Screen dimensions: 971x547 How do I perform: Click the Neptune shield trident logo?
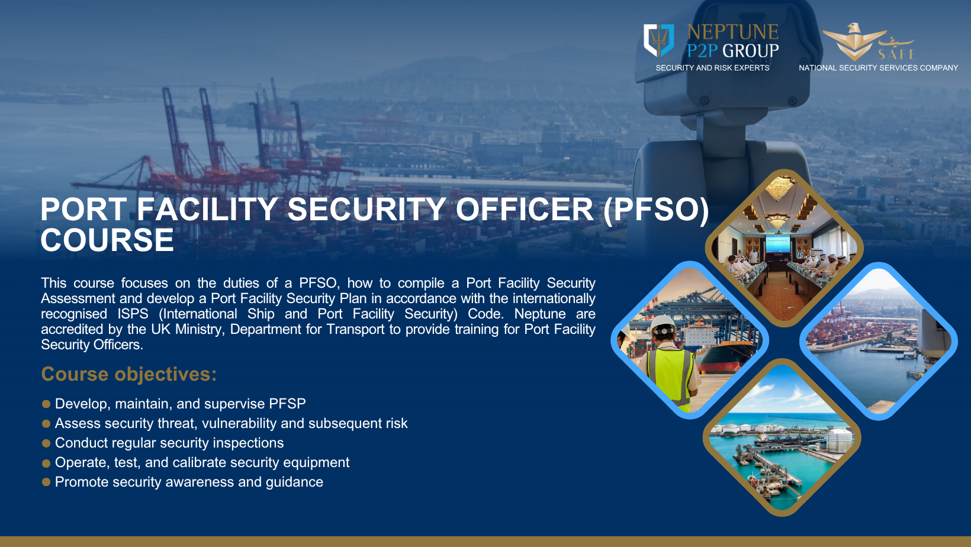coord(658,40)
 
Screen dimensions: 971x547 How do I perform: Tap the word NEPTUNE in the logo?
coord(733,32)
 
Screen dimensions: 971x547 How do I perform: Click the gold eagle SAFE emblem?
coord(854,41)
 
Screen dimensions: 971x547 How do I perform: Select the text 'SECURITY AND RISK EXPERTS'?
coord(712,68)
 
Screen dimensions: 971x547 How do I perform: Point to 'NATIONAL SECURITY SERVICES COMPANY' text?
coord(878,68)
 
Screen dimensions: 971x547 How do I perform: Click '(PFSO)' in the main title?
coord(656,210)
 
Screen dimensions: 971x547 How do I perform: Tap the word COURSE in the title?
coord(107,240)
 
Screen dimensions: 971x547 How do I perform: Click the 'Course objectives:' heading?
coord(128,374)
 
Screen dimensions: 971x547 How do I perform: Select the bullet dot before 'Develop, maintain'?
coord(46,404)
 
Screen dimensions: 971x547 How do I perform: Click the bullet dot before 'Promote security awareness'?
coord(46,482)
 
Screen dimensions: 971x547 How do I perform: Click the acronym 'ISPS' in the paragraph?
coord(133,314)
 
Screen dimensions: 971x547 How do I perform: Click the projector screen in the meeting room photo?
coord(777,243)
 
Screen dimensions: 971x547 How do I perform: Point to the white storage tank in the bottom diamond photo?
coord(840,440)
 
